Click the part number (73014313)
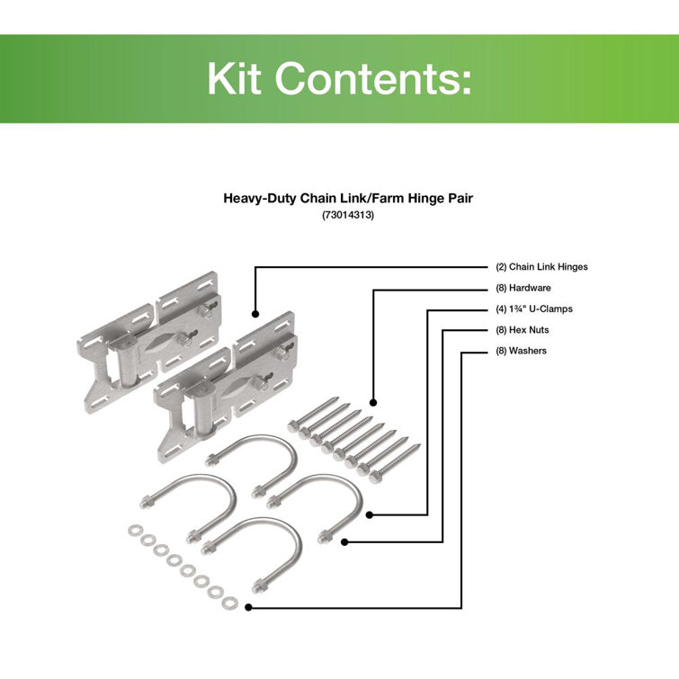(x=339, y=216)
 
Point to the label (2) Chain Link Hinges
(x=541, y=266)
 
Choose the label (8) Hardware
(x=523, y=288)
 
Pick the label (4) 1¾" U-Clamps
(x=534, y=308)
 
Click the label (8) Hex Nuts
(x=523, y=330)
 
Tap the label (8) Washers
(x=522, y=351)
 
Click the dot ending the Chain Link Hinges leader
(x=255, y=316)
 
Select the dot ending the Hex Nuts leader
(x=347, y=541)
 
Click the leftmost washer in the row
(x=135, y=530)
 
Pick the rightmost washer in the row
(x=228, y=601)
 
